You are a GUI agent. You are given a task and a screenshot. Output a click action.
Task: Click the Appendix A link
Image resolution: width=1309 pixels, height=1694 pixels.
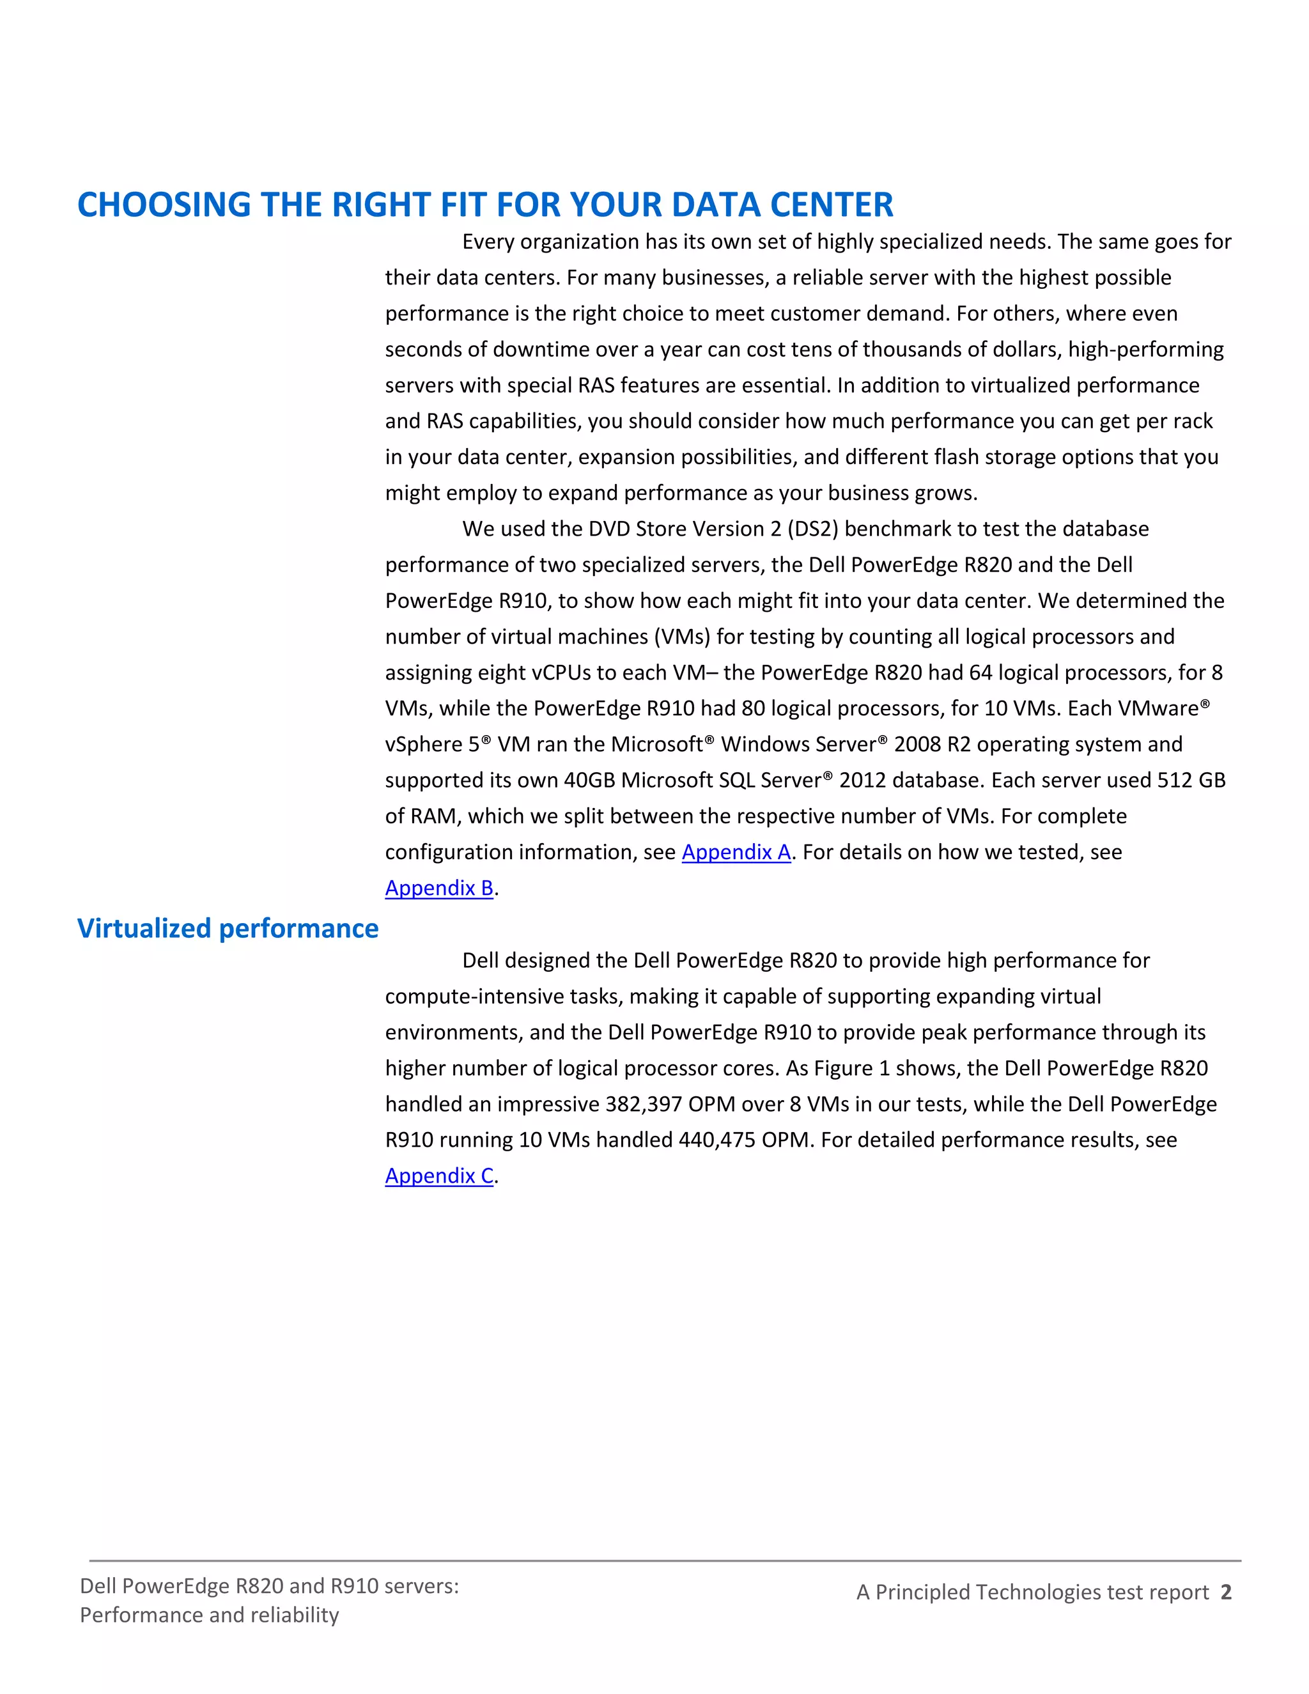tap(736, 851)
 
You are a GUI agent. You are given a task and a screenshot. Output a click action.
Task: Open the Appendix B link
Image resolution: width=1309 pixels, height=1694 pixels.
tap(439, 887)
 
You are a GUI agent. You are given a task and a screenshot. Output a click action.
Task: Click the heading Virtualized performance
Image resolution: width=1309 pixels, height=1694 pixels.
tap(228, 928)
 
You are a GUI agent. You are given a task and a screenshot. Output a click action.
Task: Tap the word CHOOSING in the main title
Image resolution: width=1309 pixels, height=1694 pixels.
tap(164, 205)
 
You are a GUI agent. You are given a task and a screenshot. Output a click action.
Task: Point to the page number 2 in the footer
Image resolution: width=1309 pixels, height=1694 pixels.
tap(1225, 1592)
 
